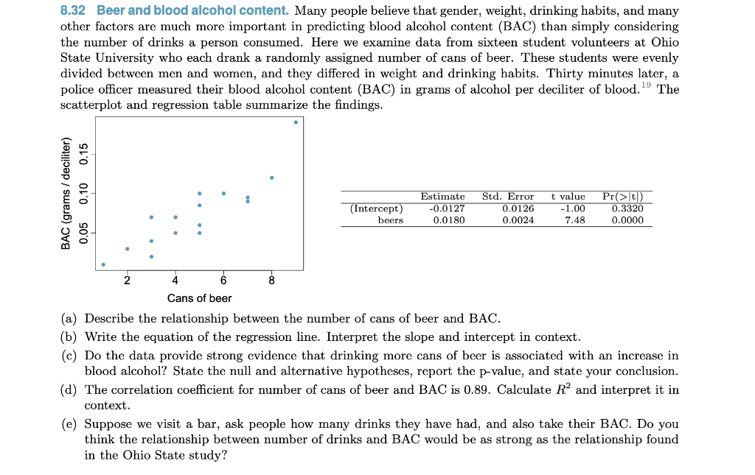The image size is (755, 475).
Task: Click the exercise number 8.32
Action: (75, 11)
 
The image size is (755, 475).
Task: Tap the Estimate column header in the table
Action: (442, 197)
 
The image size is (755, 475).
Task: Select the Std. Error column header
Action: (508, 197)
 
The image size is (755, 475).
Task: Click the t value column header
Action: (568, 197)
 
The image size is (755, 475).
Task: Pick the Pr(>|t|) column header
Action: (623, 197)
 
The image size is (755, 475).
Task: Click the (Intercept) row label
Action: (376, 208)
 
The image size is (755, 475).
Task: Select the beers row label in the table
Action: (390, 220)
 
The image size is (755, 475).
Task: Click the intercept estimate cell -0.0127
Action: (446, 208)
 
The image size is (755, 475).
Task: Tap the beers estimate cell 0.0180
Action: (448, 220)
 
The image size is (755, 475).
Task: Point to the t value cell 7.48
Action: (574, 220)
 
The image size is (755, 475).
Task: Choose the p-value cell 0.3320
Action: (627, 208)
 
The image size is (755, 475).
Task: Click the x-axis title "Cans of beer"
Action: (199, 298)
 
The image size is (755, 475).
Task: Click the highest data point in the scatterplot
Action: (296, 122)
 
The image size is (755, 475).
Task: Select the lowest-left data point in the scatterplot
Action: (103, 264)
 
